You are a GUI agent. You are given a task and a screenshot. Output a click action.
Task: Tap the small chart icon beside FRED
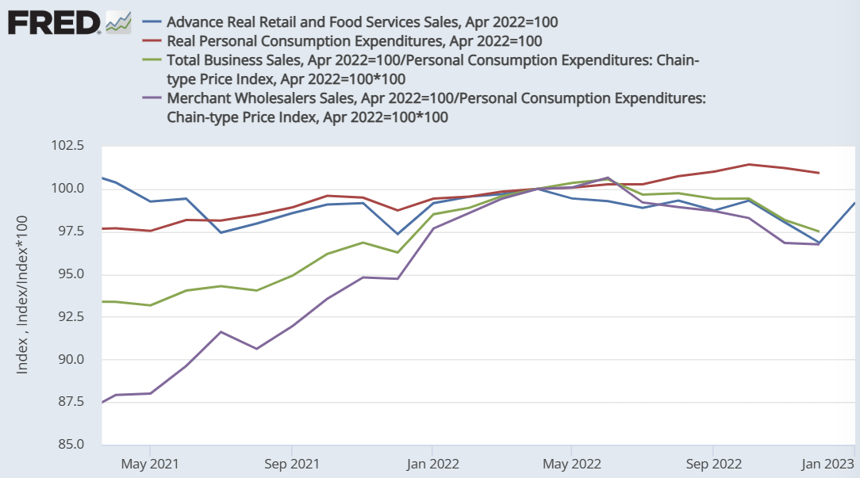pyautogui.click(x=118, y=22)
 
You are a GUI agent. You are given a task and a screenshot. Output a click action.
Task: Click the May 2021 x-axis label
pyautogui.click(x=150, y=463)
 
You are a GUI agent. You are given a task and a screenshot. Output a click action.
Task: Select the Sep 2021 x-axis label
pyautogui.click(x=291, y=463)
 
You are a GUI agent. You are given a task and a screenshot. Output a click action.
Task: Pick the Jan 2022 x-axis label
pyautogui.click(x=431, y=463)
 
